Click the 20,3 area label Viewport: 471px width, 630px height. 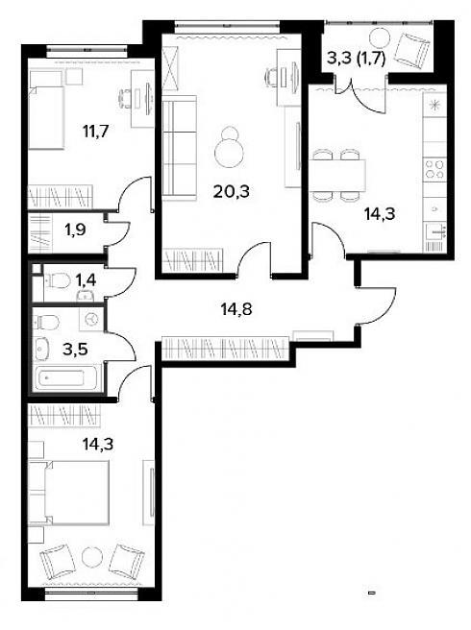pos(232,192)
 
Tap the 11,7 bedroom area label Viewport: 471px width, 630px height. pos(96,132)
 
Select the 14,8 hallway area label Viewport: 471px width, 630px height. pos(236,309)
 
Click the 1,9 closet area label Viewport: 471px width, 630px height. pos(75,230)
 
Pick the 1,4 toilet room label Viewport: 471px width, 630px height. pos(87,280)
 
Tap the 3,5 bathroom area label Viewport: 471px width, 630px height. pos(75,350)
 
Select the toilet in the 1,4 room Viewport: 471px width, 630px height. pos(58,280)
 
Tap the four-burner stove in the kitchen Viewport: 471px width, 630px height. pos(434,168)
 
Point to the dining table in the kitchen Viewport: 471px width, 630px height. pos(337,175)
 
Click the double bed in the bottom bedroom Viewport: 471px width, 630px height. pos(69,492)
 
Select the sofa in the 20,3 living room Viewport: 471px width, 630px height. pos(179,148)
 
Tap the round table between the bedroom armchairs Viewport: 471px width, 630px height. pos(93,557)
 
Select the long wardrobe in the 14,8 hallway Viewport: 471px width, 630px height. pos(225,348)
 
